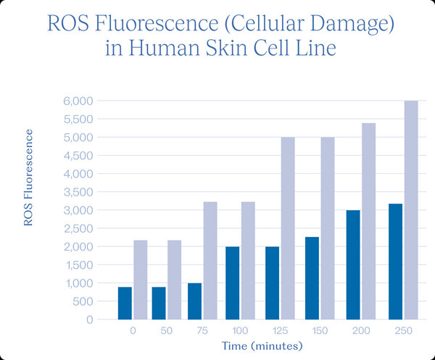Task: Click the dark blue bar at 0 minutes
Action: tap(125, 303)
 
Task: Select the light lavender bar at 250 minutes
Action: tap(411, 210)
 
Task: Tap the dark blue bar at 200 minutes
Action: tap(353, 264)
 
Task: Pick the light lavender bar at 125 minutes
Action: tap(288, 228)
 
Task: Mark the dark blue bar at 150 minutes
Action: tap(313, 278)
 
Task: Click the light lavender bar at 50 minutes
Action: tap(175, 280)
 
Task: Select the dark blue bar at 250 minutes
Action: tap(395, 261)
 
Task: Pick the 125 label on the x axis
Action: tap(278, 330)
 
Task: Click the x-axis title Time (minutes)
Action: tap(262, 346)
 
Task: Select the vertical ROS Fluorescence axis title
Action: tap(29, 177)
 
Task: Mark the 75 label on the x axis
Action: tap(202, 330)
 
